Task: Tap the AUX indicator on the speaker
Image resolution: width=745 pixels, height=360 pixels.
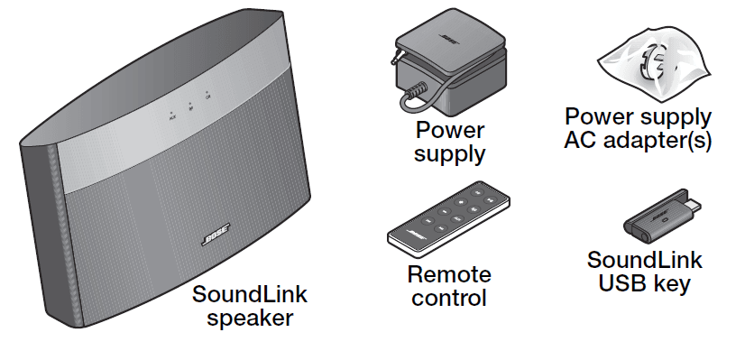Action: tap(171, 115)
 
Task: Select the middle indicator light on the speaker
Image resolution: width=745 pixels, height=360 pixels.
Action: tap(190, 105)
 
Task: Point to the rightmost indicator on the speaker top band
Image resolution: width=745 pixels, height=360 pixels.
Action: tap(208, 94)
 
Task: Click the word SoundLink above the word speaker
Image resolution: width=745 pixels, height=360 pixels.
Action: tap(250, 295)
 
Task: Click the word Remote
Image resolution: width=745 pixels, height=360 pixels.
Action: tap(449, 275)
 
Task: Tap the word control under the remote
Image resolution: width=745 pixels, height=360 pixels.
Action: tap(449, 298)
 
